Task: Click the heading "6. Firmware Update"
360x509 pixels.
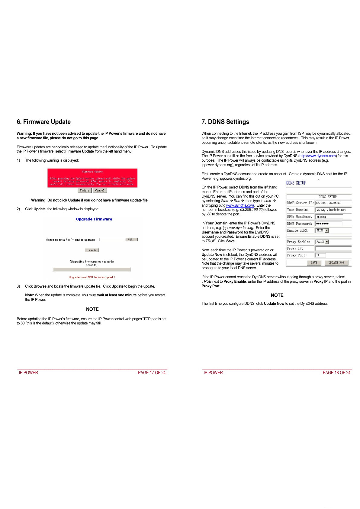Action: point(43,122)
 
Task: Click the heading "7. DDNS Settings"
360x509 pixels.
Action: point(225,122)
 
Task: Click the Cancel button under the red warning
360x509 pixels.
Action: point(100,191)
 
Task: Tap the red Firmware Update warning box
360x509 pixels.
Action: point(92,178)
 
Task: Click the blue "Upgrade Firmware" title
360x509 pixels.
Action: point(94,219)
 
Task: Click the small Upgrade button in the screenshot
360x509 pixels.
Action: point(92,250)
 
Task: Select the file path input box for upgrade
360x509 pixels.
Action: point(112,240)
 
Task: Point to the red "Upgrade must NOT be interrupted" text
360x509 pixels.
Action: point(92,277)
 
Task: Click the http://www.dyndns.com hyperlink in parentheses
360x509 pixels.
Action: point(317,156)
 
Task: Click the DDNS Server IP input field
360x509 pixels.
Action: point(333,203)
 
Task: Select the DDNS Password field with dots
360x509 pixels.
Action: point(329,224)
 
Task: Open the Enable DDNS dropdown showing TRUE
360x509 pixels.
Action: point(326,230)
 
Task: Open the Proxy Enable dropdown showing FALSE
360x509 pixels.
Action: point(326,242)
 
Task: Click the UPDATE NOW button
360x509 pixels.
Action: point(336,263)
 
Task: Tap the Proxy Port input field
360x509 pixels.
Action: point(320,255)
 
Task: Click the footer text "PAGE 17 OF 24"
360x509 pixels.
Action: point(152,373)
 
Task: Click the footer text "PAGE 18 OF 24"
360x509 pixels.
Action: point(336,373)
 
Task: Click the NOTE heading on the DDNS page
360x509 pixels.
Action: point(277,295)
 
